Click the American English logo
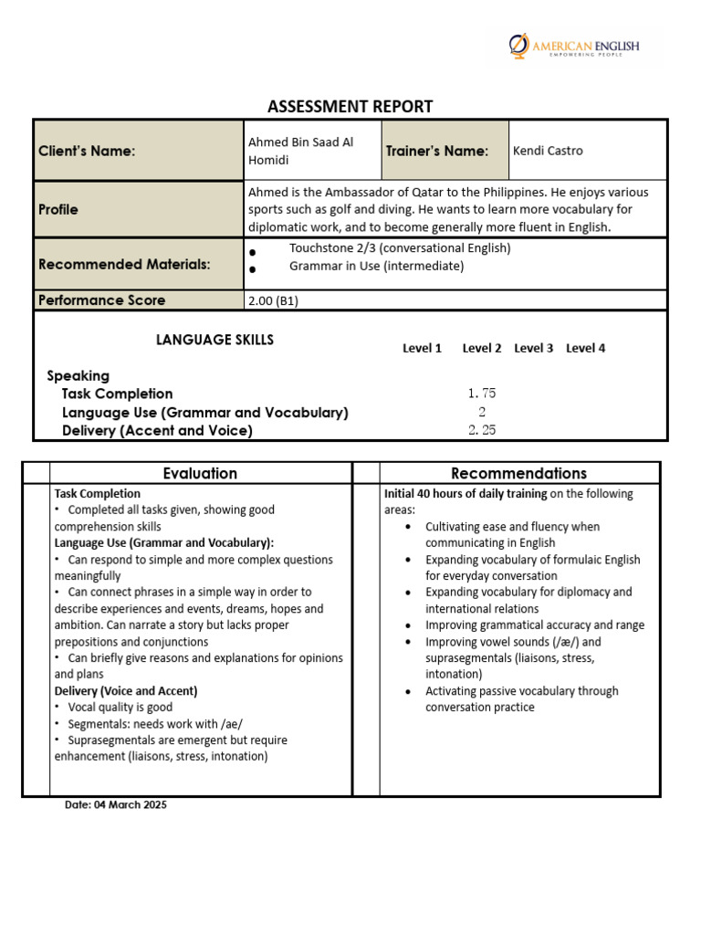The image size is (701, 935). (x=574, y=47)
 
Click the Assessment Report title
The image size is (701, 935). (x=350, y=107)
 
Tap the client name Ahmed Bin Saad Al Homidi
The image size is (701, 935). (x=300, y=151)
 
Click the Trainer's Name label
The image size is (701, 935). (x=436, y=151)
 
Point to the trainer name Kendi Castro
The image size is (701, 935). (x=548, y=151)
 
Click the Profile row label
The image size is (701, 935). (x=58, y=209)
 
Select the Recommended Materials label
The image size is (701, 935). (x=124, y=264)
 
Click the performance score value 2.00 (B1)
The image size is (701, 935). (x=273, y=300)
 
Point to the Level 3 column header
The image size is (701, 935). (x=533, y=348)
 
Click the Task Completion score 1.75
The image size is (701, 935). (x=481, y=394)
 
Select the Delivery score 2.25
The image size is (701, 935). (x=481, y=430)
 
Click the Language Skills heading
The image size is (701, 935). (x=214, y=340)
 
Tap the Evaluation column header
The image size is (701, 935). (x=200, y=473)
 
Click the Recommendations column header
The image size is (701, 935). (x=518, y=473)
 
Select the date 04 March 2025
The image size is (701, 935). (x=116, y=805)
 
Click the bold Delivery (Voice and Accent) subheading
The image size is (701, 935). (x=126, y=690)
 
